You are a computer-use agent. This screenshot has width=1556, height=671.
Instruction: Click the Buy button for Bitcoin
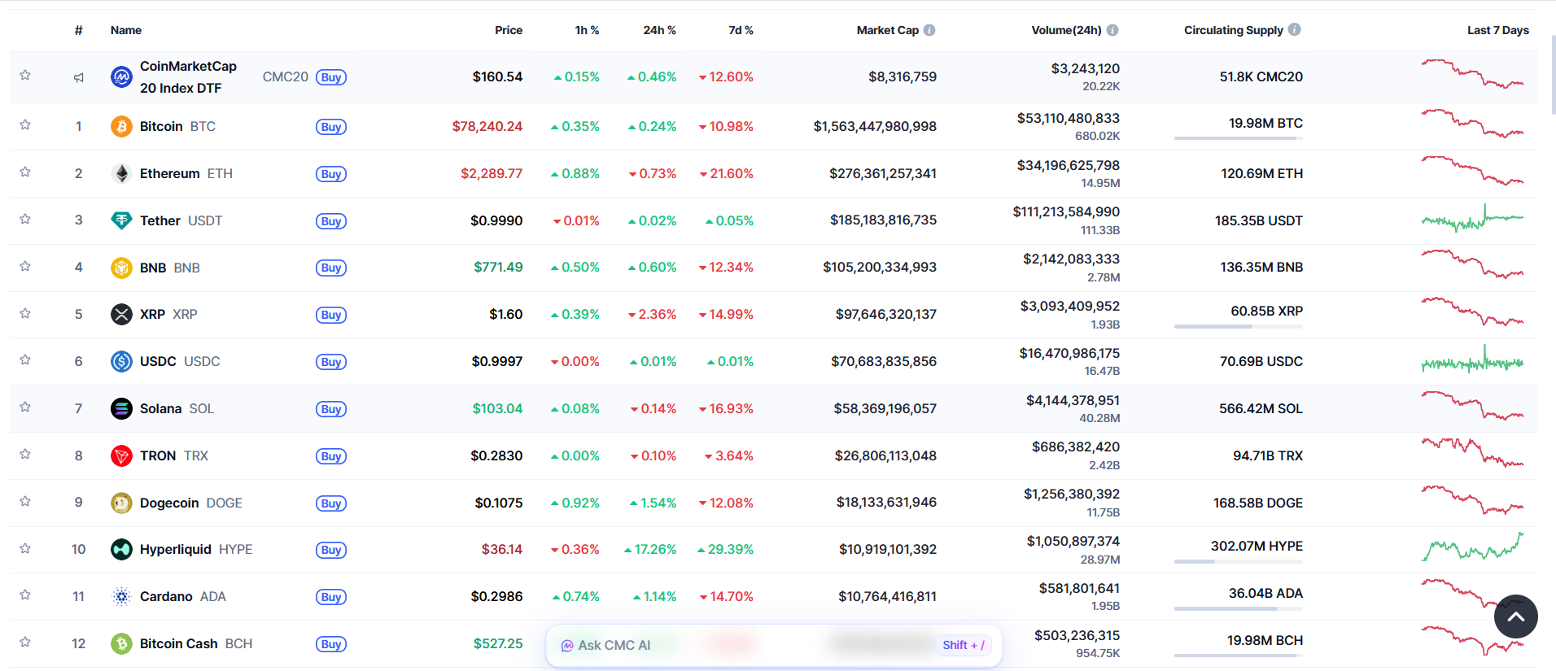click(x=330, y=127)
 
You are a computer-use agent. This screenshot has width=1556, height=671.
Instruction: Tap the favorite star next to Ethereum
click(x=25, y=172)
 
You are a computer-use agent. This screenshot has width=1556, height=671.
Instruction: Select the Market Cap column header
click(x=887, y=30)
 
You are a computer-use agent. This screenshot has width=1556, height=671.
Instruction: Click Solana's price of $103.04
click(x=497, y=408)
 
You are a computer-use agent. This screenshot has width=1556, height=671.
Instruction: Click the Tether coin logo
click(x=121, y=220)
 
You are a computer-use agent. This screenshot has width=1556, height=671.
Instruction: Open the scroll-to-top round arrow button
click(x=1515, y=617)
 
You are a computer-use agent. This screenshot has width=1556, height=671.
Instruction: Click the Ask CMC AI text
click(x=614, y=646)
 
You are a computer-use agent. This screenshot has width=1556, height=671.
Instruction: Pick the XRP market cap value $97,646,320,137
click(x=885, y=314)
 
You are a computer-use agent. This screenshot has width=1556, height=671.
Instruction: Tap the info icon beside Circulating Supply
click(x=1295, y=29)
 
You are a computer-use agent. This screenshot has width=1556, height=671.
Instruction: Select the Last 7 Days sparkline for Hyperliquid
click(x=1472, y=547)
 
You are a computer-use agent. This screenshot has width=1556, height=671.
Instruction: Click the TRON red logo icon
click(x=121, y=455)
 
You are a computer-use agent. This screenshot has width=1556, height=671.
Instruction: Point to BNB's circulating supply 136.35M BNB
click(x=1261, y=267)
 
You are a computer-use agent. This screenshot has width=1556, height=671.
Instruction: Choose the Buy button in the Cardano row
click(x=330, y=597)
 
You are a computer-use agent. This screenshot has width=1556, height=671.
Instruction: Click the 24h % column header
click(x=659, y=30)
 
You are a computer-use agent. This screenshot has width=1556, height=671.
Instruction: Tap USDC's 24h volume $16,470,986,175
click(x=1069, y=353)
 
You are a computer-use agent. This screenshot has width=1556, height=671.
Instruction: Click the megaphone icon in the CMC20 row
click(x=79, y=77)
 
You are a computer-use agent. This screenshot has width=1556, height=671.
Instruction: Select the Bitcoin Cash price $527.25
click(x=497, y=643)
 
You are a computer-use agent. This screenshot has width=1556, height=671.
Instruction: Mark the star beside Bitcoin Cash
click(x=25, y=643)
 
